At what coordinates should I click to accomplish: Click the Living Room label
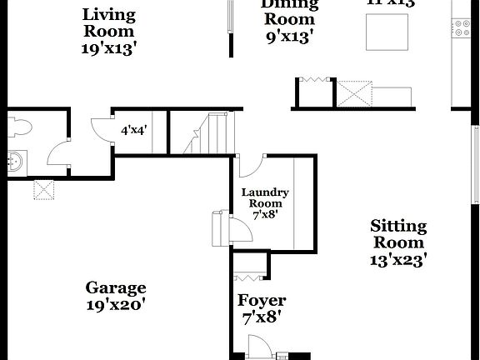point(110,22)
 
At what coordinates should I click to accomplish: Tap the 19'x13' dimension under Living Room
point(110,47)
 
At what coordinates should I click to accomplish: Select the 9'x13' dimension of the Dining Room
point(288,37)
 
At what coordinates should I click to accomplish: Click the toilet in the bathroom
point(19,127)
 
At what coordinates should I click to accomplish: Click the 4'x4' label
point(135,131)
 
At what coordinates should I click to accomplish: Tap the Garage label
point(116,288)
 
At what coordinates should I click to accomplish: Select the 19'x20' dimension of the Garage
point(116,306)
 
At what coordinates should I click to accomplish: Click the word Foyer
point(262,301)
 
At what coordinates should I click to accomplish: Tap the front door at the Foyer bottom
point(259,347)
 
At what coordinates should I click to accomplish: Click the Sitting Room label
point(397,234)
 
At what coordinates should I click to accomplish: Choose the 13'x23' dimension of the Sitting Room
point(397,260)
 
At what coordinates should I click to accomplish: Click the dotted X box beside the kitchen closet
point(353,92)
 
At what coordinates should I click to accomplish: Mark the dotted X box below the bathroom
point(42,190)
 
